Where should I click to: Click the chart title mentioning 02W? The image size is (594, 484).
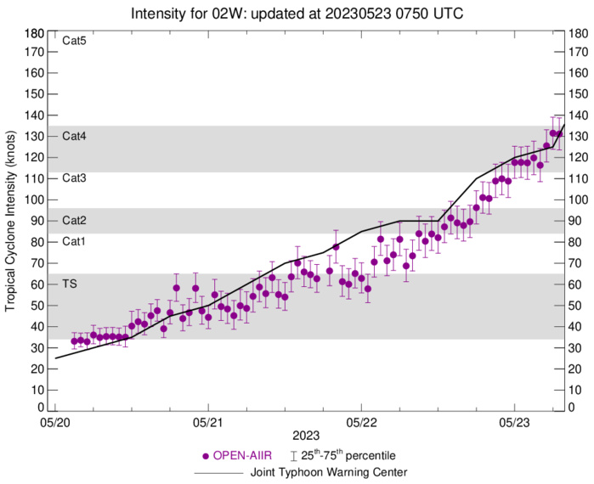point(297,14)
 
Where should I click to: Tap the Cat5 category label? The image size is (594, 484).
point(74,40)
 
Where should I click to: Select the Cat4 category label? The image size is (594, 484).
point(74,136)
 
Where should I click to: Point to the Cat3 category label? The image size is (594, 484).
point(74,178)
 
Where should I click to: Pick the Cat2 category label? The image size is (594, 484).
point(74,221)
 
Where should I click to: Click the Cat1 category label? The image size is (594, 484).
point(74,242)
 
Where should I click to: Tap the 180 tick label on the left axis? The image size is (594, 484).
point(35,33)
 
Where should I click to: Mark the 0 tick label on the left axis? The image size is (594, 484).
point(41,407)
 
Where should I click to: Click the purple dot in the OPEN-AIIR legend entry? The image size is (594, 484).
point(202,456)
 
